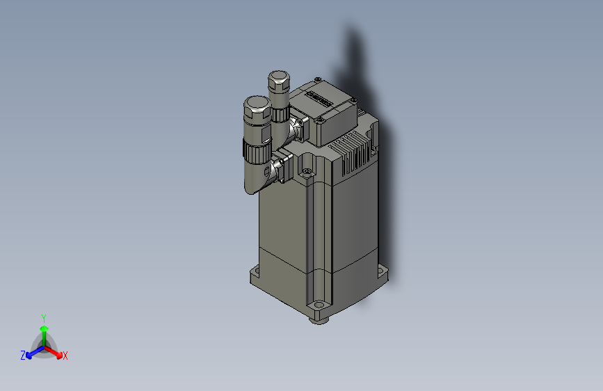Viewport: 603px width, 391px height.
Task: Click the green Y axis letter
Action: (x=43, y=317)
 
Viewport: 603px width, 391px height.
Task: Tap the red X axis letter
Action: (x=65, y=356)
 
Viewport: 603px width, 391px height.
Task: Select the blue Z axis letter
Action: (x=23, y=356)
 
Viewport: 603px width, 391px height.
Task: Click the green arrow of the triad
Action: (x=43, y=330)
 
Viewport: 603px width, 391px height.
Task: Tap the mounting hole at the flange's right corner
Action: (x=382, y=270)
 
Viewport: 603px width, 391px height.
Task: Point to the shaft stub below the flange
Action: (x=319, y=319)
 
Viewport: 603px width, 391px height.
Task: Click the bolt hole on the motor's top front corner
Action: (x=307, y=170)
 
